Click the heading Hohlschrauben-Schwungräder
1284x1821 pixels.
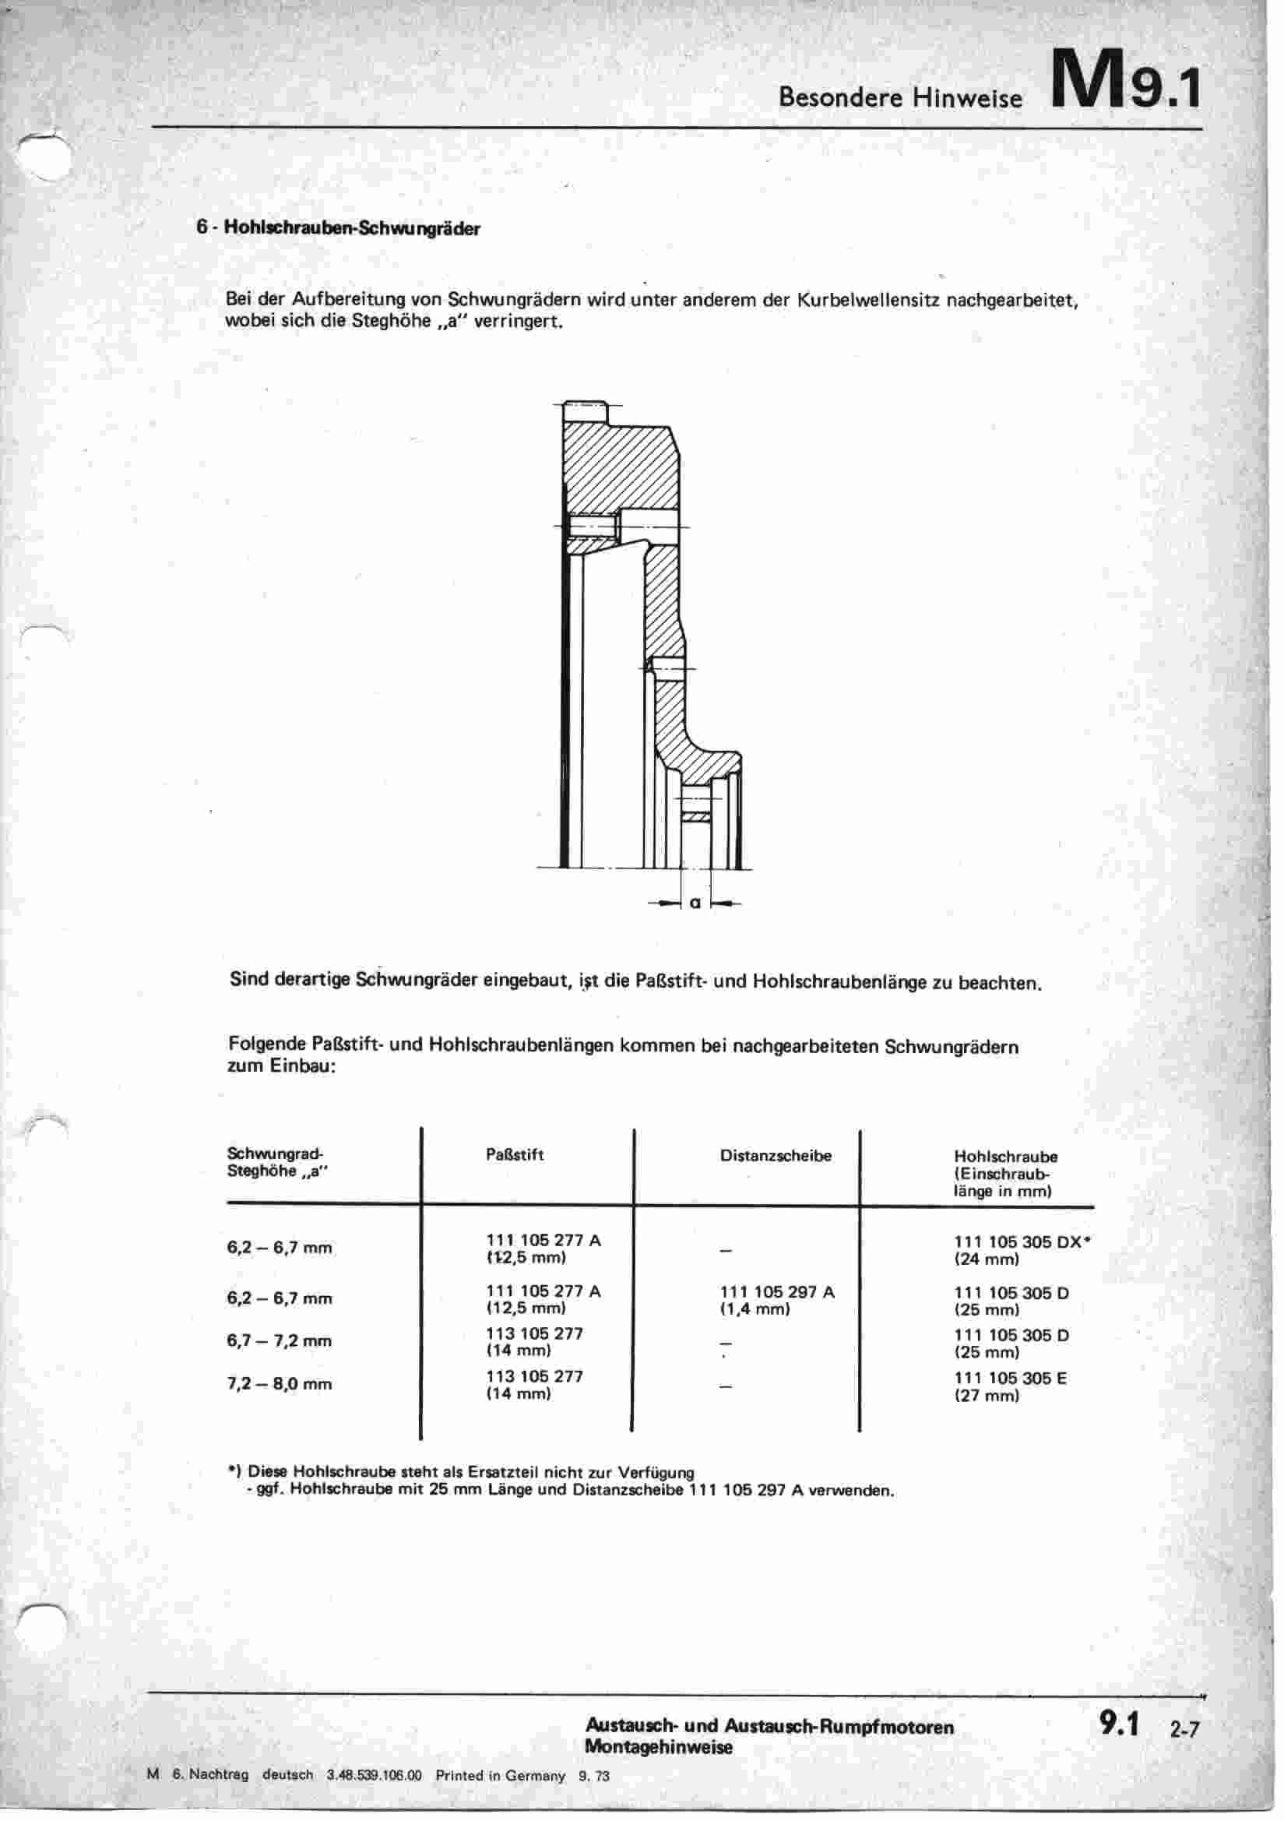pyautogui.click(x=352, y=227)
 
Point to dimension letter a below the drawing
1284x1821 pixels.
pyautogui.click(x=695, y=903)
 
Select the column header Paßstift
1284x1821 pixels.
pyautogui.click(x=515, y=1155)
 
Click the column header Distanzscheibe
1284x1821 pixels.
pyautogui.click(x=775, y=1156)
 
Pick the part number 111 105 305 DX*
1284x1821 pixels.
pyautogui.click(x=1022, y=1242)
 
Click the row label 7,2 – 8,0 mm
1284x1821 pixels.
pyautogui.click(x=280, y=1384)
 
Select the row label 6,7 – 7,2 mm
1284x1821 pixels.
pyautogui.click(x=280, y=1341)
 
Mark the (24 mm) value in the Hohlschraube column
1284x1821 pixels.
pyautogui.click(x=987, y=1259)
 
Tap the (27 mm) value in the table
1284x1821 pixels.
pyautogui.click(x=987, y=1395)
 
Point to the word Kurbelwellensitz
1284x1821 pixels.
pyautogui.click(x=869, y=301)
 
